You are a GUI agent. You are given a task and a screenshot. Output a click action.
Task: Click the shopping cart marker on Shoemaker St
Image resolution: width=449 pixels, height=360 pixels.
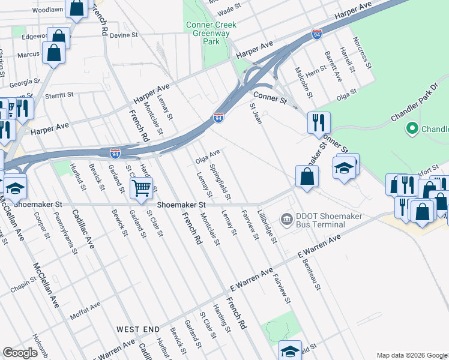click(x=141, y=188)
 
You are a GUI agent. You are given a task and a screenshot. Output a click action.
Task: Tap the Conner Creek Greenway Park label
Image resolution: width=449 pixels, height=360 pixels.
click(x=211, y=34)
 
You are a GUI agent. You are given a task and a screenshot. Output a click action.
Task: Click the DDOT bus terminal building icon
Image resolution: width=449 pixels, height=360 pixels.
click(x=286, y=217)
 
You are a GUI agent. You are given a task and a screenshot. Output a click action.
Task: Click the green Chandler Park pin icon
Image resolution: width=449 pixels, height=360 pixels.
click(x=412, y=128)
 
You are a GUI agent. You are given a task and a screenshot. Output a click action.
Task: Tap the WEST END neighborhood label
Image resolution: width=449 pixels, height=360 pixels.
click(x=138, y=329)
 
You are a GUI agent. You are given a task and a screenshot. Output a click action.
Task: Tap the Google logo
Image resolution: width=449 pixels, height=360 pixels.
click(x=20, y=353)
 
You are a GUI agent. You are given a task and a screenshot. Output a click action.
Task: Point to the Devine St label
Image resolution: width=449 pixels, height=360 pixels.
click(x=124, y=35)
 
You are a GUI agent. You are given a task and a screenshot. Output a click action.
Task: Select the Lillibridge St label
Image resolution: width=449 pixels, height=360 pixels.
click(x=267, y=226)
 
